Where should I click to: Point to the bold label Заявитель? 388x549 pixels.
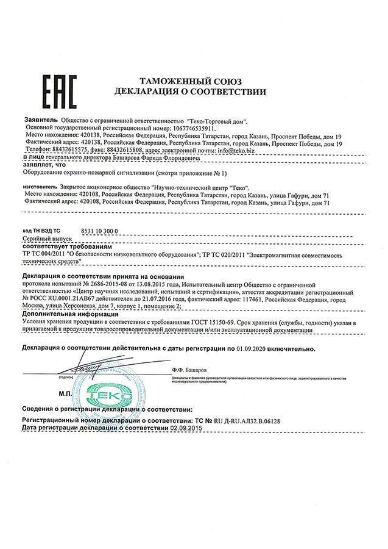(x=40, y=121)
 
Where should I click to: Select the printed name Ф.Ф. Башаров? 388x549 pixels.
(x=189, y=370)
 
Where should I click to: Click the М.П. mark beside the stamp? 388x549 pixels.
(x=66, y=395)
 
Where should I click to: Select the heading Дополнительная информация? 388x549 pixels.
(x=66, y=314)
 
